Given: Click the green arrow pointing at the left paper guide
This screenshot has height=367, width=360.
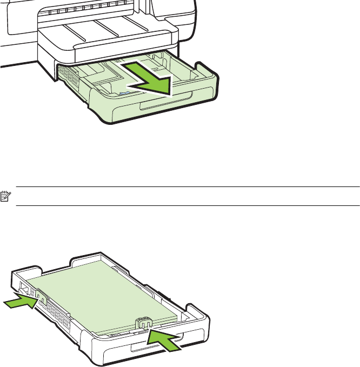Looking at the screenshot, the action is [21, 301].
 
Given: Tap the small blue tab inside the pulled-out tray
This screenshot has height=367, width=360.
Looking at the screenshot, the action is [123, 94].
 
